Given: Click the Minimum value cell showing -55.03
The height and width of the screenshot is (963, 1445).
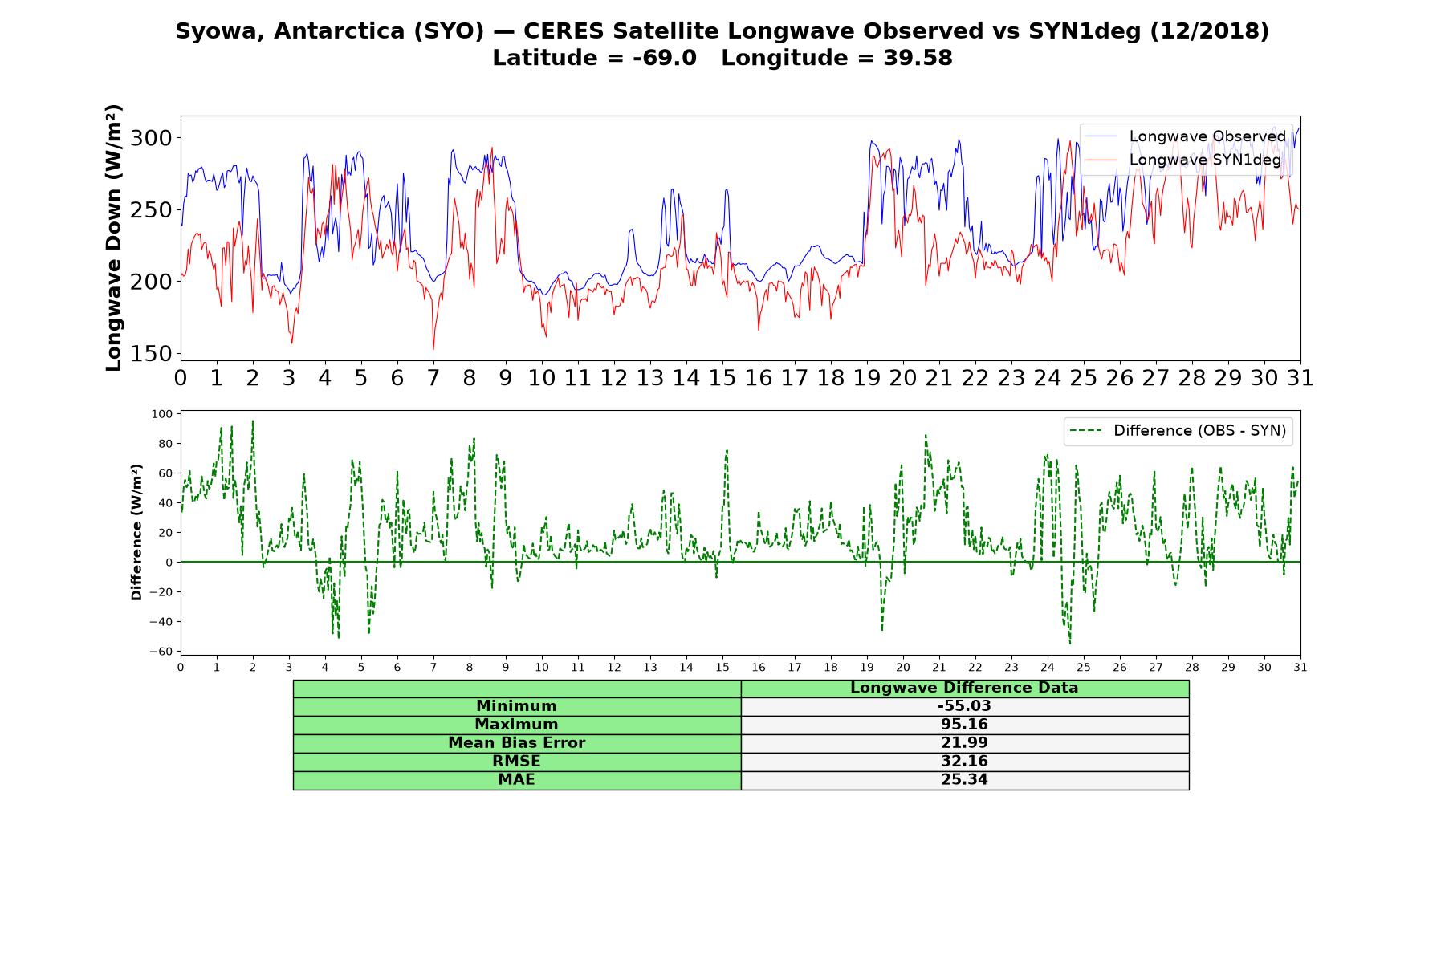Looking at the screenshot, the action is tap(964, 706).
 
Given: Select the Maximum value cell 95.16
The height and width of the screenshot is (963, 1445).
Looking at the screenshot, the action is tap(964, 725).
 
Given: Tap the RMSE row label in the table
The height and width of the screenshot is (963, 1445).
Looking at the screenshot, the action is tap(516, 761).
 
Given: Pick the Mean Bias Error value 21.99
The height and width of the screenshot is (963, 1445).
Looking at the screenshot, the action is tap(964, 743).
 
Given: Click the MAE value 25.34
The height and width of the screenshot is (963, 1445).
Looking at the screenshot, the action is tap(964, 779).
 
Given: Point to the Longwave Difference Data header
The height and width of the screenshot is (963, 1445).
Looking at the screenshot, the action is tap(964, 688).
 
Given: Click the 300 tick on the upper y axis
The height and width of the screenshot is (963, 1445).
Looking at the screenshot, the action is tap(151, 138).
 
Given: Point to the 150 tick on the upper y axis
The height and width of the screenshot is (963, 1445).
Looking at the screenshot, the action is tap(151, 354).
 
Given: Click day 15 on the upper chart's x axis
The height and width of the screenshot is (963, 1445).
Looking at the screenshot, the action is tap(722, 378).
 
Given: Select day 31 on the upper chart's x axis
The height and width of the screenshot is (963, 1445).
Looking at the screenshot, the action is tap(1300, 378).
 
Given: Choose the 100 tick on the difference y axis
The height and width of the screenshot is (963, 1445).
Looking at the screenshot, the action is tap(161, 414).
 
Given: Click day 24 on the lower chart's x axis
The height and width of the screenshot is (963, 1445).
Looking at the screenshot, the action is tap(1047, 668).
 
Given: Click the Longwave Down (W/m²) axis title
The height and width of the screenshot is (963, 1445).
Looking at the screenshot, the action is tap(113, 238).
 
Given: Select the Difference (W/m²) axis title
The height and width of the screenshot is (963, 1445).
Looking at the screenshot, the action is tap(136, 532).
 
